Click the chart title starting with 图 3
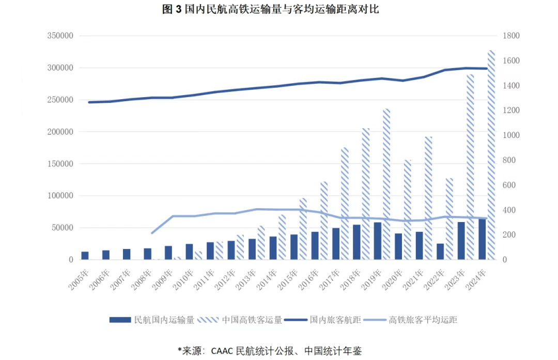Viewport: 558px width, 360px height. (271, 9)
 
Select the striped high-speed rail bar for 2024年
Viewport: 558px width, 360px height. (491, 155)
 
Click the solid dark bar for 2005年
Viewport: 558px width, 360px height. (85, 256)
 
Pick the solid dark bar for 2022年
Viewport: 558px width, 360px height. (440, 252)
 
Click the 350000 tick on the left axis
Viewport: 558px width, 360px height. (60, 36)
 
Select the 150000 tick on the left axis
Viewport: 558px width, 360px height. (60, 164)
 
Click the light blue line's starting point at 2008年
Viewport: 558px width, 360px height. (152, 233)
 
